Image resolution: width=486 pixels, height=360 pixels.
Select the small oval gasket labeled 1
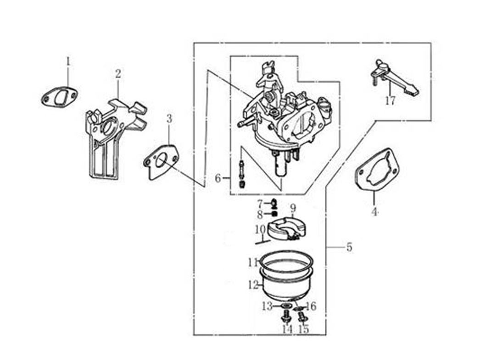[59, 97]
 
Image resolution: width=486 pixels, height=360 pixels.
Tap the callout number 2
[118, 73]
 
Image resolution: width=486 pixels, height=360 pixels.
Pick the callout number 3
[169, 119]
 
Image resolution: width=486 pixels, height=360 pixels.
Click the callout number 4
[374, 212]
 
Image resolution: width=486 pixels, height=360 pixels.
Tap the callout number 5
[349, 248]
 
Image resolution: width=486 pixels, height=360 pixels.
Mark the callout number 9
[293, 208]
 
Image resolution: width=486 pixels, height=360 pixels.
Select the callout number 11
[252, 263]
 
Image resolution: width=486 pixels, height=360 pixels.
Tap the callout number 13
[268, 306]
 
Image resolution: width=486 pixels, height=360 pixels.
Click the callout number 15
[303, 329]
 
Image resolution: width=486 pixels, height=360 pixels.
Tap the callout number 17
[390, 101]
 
